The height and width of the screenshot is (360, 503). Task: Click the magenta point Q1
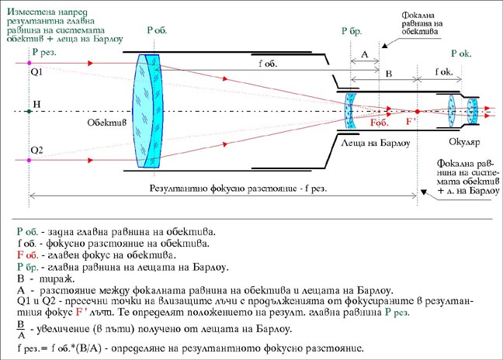(29, 63)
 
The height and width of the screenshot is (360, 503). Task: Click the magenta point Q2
(29, 160)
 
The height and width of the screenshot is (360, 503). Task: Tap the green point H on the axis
(29, 112)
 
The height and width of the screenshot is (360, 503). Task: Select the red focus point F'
(417, 112)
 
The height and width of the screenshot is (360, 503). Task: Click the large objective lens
(148, 111)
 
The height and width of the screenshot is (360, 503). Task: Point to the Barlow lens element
(350, 111)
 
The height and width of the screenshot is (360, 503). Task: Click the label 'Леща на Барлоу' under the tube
(376, 143)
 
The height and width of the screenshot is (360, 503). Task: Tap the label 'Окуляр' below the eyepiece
(464, 142)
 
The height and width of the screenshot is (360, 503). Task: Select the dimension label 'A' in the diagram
(364, 54)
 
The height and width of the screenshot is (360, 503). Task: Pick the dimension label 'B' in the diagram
(389, 74)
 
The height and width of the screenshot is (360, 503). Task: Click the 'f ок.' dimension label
(444, 72)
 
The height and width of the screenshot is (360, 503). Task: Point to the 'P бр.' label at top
(352, 31)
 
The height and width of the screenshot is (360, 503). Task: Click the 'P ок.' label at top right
(461, 54)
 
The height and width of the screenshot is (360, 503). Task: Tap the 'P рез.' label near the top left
(44, 52)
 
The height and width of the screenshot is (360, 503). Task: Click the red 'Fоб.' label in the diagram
(379, 123)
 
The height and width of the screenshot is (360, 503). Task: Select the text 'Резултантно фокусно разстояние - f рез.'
(238, 189)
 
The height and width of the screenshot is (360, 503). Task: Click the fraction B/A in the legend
(21, 330)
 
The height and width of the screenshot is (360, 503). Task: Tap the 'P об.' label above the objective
(157, 30)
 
